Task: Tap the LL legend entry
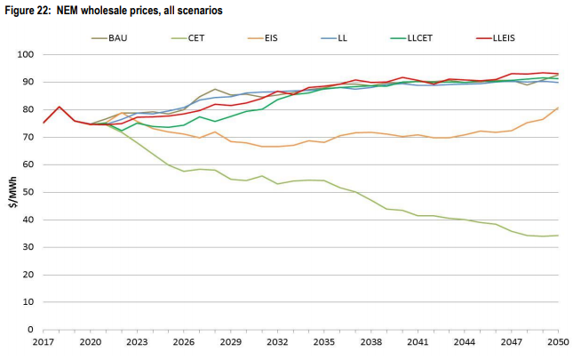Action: tap(342, 38)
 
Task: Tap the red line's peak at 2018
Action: tap(60, 107)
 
